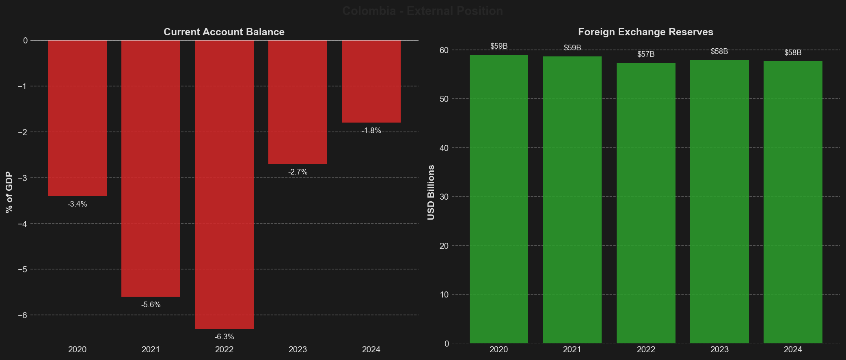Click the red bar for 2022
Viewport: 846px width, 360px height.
click(x=224, y=185)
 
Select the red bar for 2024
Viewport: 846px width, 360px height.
click(x=371, y=81)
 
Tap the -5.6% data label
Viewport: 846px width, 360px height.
click(x=151, y=305)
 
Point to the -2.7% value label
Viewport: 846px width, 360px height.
click(x=298, y=172)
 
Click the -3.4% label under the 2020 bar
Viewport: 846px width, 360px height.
click(x=77, y=204)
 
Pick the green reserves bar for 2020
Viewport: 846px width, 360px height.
click(x=499, y=199)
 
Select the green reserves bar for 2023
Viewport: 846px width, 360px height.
click(x=719, y=202)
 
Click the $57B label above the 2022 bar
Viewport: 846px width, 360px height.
click(x=645, y=54)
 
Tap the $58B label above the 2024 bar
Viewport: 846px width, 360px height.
click(x=792, y=53)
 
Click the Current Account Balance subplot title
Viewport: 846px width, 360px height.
click(x=224, y=32)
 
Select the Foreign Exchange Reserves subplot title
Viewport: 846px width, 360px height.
click(x=645, y=32)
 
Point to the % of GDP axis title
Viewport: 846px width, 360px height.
click(x=9, y=192)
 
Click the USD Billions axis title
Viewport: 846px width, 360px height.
click(x=431, y=192)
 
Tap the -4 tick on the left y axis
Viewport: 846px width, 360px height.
click(x=22, y=224)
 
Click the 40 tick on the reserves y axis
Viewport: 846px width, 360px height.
click(x=444, y=148)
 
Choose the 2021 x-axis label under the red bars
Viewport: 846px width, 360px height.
click(x=151, y=349)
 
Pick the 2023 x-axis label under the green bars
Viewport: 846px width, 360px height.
click(x=719, y=349)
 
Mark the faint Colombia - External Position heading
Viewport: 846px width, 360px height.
click(x=423, y=11)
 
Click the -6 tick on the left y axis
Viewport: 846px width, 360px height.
click(x=22, y=315)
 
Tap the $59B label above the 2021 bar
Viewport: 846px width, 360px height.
click(x=572, y=48)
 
